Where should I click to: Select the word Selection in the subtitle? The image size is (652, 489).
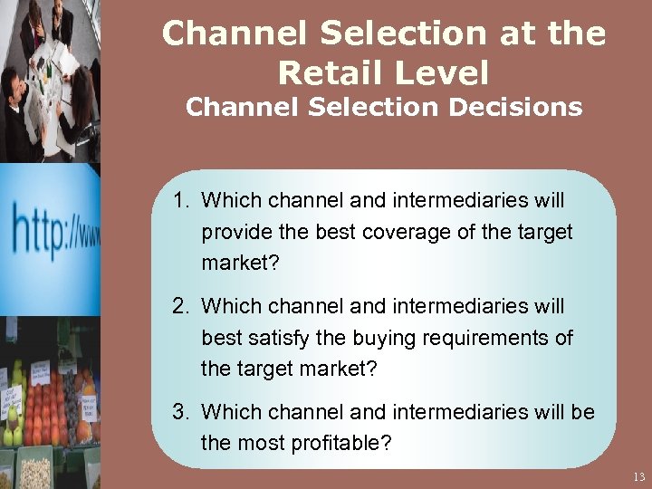click(369, 108)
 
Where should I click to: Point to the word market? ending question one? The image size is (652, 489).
click(236, 264)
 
